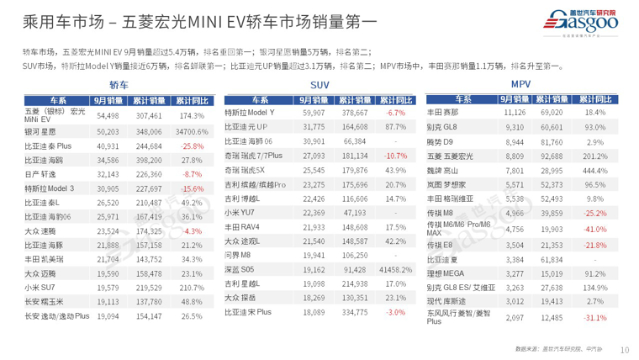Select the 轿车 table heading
(118, 85)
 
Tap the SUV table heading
(319, 85)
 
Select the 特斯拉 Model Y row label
(250, 112)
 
